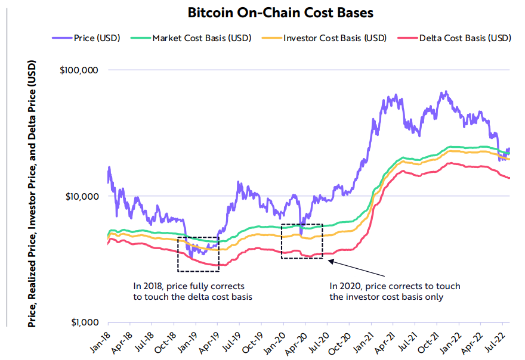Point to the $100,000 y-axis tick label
coord(79,70)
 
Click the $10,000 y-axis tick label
coord(81,196)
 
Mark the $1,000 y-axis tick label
coord(84,322)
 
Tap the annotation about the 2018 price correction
coord(189,291)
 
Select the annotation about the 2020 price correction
coord(394,291)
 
